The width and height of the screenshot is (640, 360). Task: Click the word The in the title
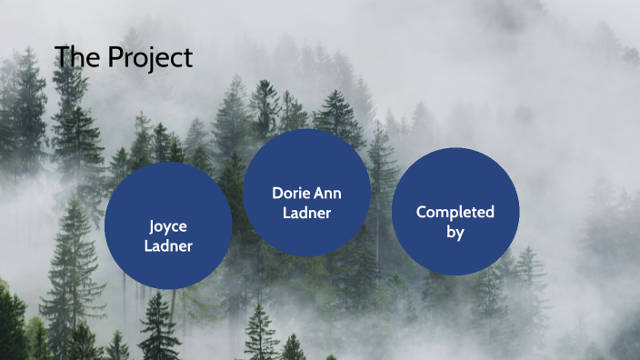[77, 57]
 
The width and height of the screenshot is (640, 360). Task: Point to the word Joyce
[168, 226]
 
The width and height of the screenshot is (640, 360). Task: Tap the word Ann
[329, 193]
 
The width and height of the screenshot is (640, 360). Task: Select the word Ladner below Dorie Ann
[307, 213]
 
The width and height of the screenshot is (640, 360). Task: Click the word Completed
[455, 212]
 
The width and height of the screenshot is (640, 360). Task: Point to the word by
[455, 232]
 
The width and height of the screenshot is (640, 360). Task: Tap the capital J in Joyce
[153, 226]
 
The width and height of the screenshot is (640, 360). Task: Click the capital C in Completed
[422, 212]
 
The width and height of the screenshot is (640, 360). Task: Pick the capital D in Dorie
[276, 193]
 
